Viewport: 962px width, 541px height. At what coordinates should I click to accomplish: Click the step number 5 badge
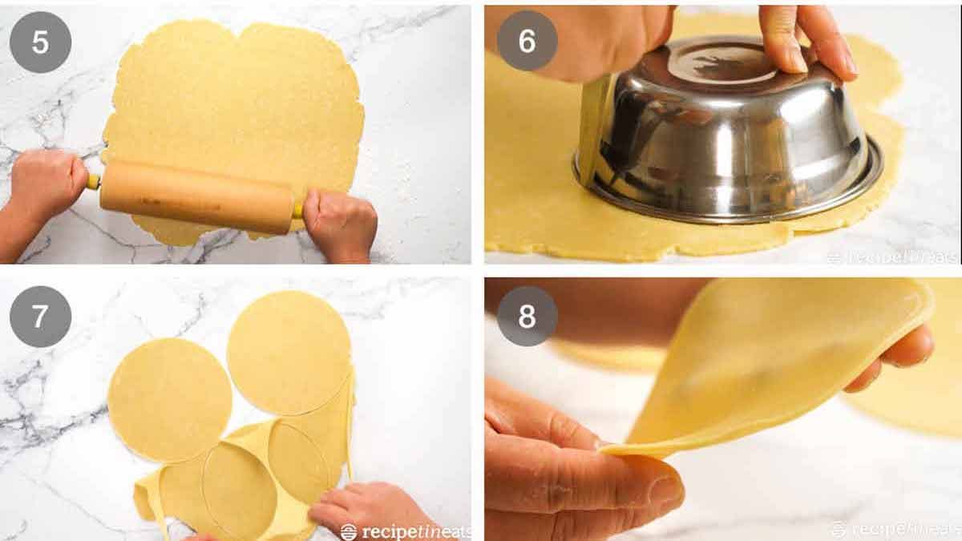[40, 42]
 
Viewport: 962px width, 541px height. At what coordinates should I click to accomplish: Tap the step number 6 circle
[527, 42]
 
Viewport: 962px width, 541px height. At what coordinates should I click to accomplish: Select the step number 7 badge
[40, 316]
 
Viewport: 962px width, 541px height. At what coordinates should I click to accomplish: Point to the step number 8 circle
[527, 316]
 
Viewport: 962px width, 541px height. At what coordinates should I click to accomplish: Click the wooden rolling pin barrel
[196, 196]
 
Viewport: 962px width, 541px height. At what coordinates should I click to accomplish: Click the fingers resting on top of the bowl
[798, 40]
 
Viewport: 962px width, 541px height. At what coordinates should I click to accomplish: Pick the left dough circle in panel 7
[169, 399]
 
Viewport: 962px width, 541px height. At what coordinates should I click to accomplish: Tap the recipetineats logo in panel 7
[405, 531]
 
